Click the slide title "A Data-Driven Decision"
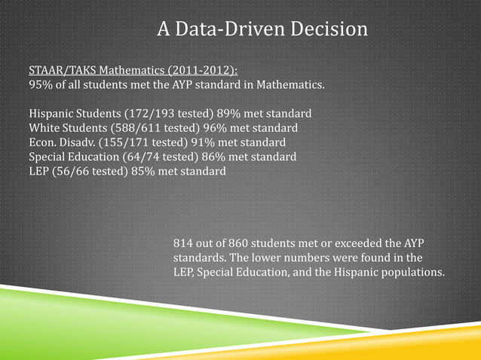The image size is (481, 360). (x=262, y=30)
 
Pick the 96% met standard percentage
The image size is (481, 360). (x=191, y=127)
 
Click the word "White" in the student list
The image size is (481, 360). (x=44, y=127)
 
